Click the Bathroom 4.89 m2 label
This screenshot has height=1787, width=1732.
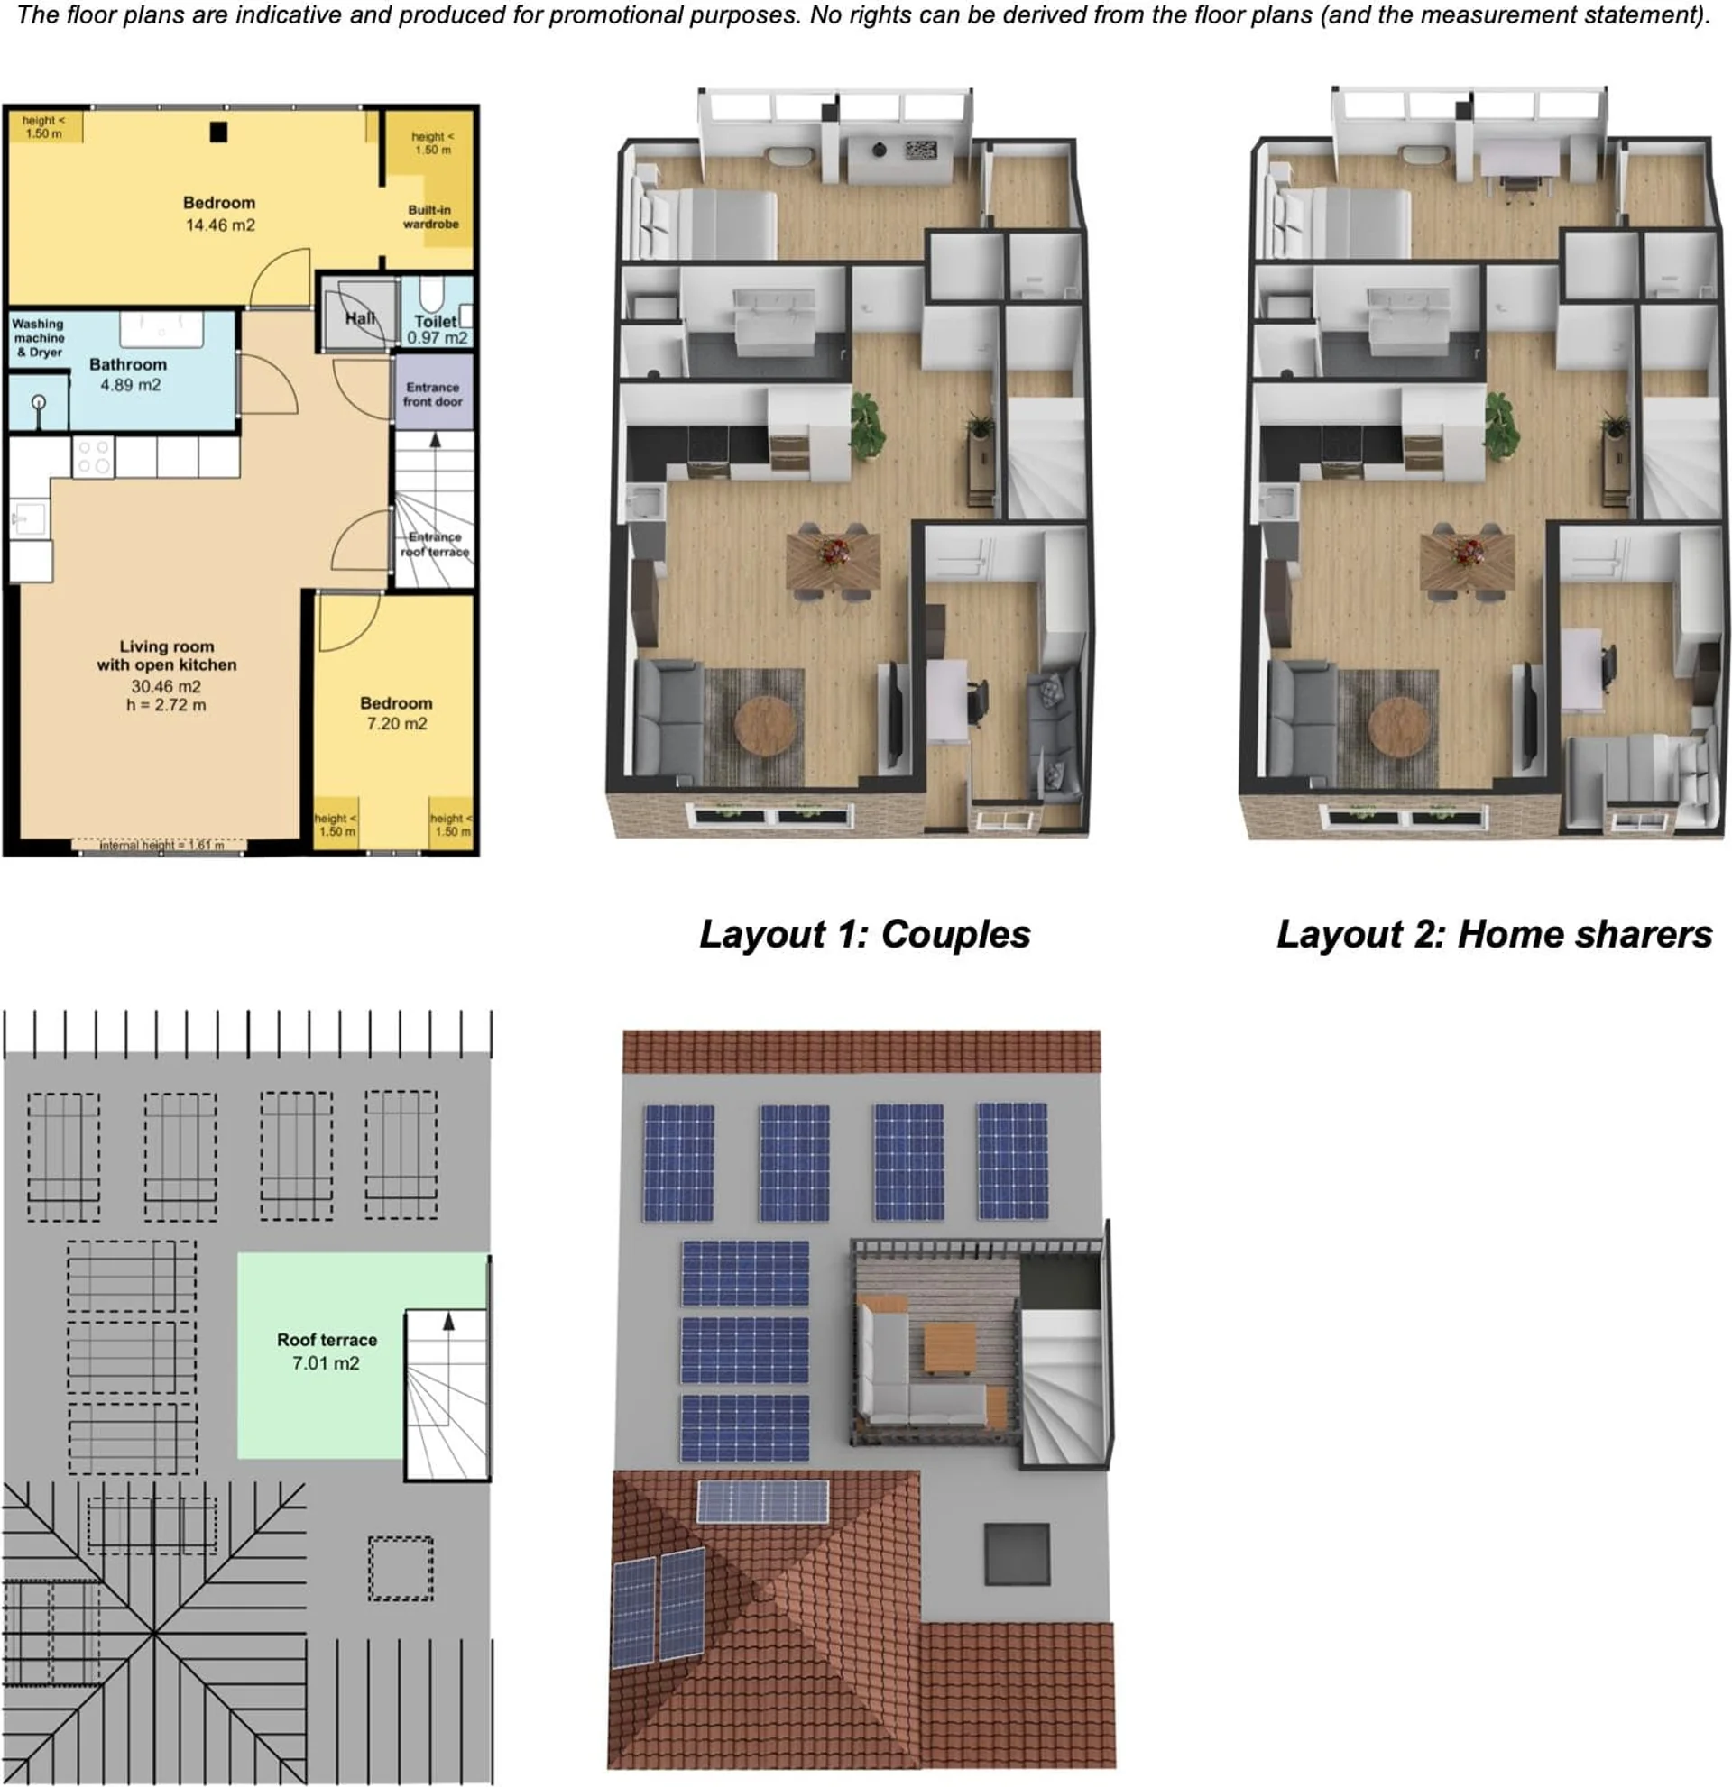[129, 375]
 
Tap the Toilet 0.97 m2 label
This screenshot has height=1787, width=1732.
[437, 329]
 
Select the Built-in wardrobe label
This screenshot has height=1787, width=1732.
[430, 217]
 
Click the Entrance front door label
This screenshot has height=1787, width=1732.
[432, 394]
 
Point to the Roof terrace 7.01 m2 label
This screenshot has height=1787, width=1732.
[327, 1352]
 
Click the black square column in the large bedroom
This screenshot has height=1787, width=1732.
[218, 133]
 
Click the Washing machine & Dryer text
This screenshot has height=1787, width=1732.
[38, 338]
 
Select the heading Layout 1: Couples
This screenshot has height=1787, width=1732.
[864, 935]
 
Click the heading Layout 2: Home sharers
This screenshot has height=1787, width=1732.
[1494, 935]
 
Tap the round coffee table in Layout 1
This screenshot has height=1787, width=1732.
[764, 726]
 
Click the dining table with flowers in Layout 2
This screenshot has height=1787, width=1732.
[1467, 559]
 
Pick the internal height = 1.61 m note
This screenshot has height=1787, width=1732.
[161, 845]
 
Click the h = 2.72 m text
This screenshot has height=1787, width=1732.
[166, 705]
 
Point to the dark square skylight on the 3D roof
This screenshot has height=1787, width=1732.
[1017, 1553]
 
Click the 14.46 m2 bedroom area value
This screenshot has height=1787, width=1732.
[221, 225]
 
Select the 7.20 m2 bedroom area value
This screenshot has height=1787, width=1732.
[397, 723]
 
